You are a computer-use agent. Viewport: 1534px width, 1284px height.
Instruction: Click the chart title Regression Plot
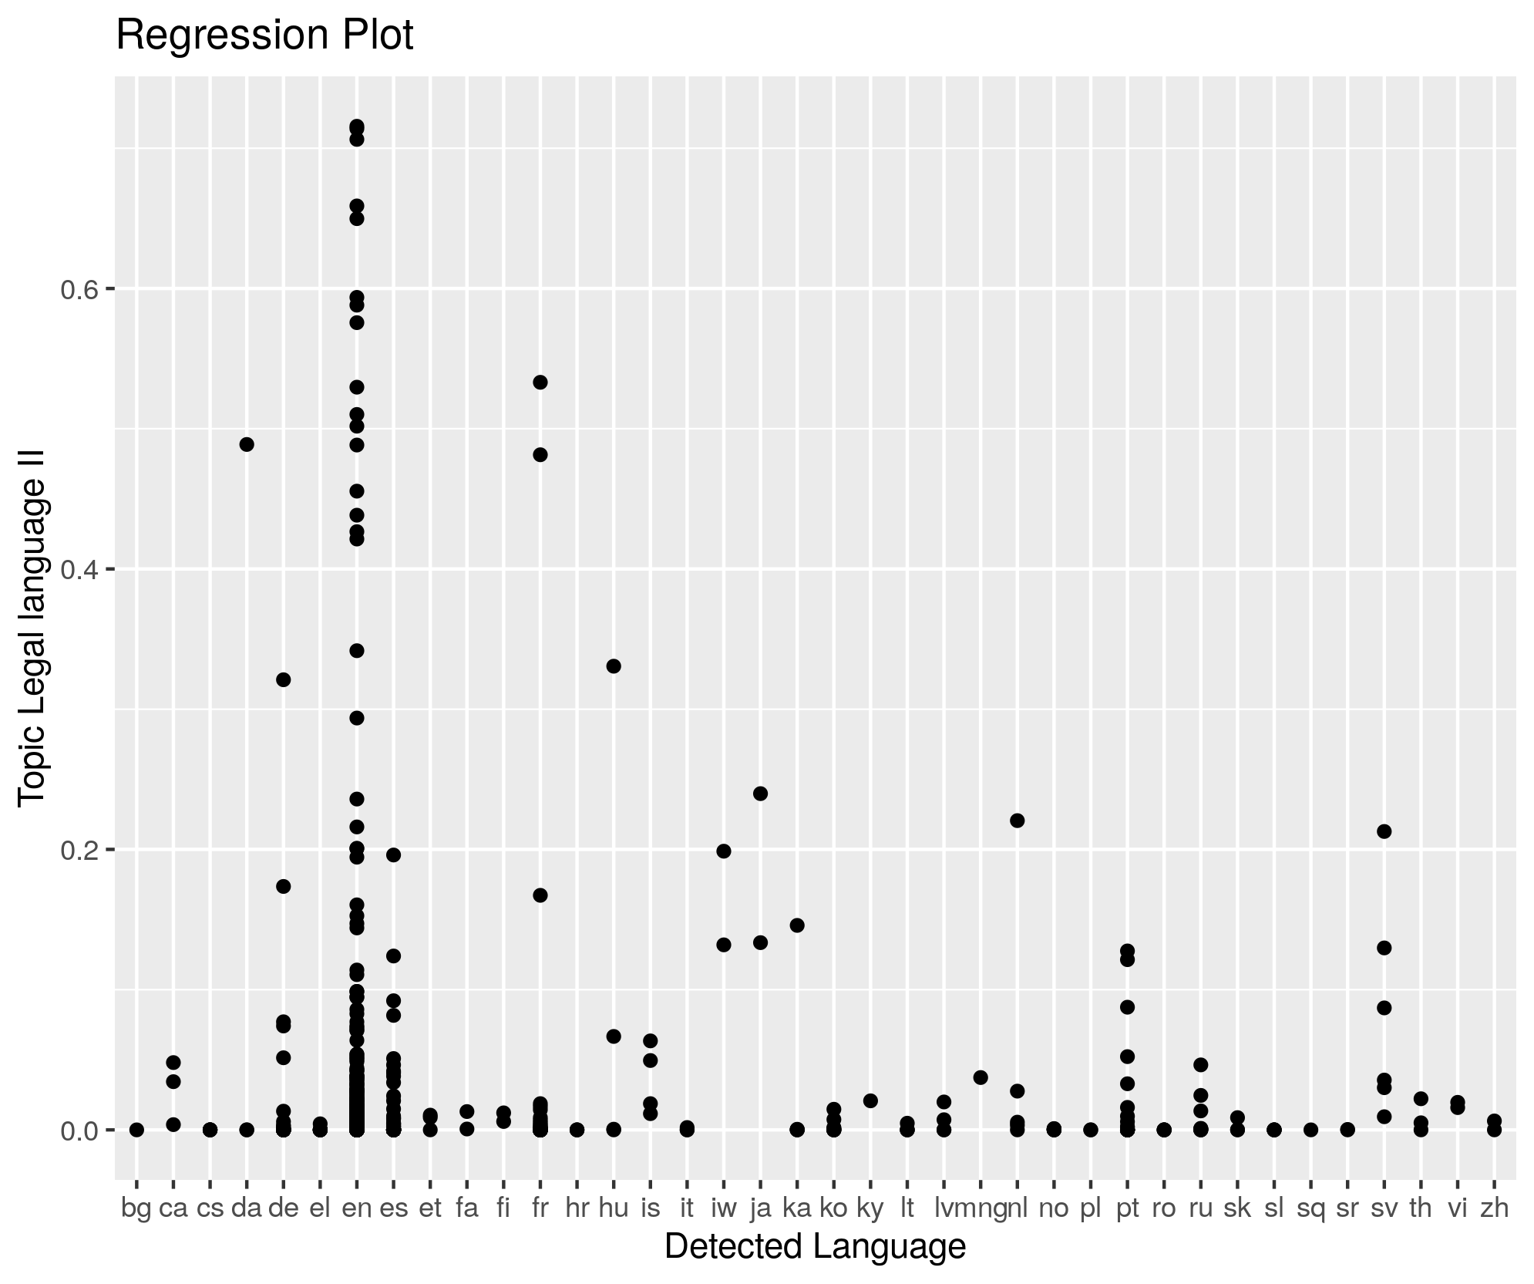[x=264, y=36]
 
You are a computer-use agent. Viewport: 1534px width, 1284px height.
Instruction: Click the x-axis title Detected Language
[x=815, y=1246]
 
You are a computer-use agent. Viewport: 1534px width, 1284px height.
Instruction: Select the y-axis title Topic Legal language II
[x=32, y=628]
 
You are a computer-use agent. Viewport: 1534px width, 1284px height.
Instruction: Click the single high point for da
[x=247, y=444]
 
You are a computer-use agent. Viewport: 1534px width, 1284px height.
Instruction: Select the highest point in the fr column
[x=540, y=383]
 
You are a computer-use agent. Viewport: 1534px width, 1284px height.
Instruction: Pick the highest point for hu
[x=614, y=666]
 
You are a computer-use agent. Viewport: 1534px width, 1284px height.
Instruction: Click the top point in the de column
[x=284, y=679]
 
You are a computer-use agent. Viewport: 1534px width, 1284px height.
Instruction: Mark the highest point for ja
[x=760, y=794]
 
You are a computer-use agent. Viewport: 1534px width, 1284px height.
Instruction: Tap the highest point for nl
[x=1017, y=821]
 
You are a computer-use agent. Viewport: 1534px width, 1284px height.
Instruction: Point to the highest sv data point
[x=1384, y=831]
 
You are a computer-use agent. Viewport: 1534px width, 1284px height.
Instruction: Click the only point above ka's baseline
[x=797, y=925]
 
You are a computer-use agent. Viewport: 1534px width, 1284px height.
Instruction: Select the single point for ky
[x=870, y=1100]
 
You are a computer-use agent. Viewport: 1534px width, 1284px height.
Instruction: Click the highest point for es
[x=393, y=854]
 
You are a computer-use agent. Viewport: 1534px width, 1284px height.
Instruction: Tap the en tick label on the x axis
[x=357, y=1208]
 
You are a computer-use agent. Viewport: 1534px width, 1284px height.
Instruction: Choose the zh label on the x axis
[x=1494, y=1208]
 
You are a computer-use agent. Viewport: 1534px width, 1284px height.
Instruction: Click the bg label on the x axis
[x=136, y=1208]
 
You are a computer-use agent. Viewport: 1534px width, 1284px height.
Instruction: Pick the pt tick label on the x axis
[x=1127, y=1208]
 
